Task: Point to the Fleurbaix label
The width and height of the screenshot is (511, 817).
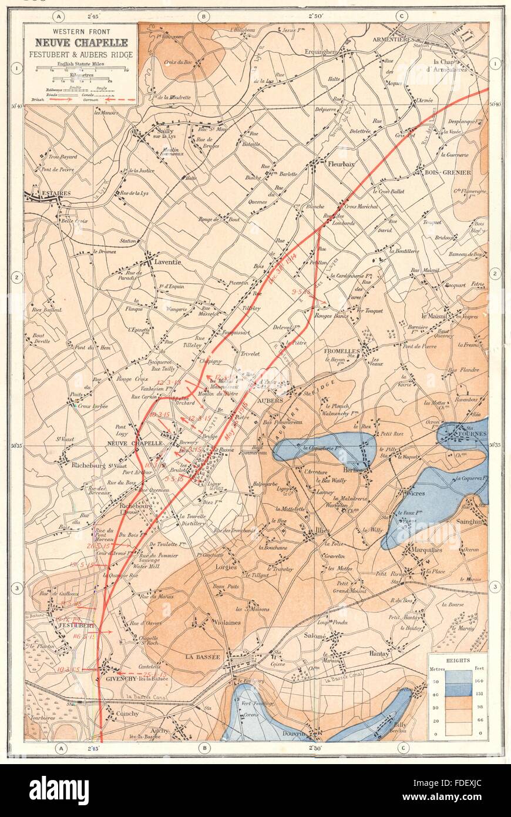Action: (x=341, y=165)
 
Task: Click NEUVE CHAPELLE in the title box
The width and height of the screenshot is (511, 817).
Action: (x=82, y=42)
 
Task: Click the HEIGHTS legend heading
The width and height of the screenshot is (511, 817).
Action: (x=458, y=660)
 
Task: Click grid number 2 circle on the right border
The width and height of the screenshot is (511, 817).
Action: (x=495, y=274)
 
